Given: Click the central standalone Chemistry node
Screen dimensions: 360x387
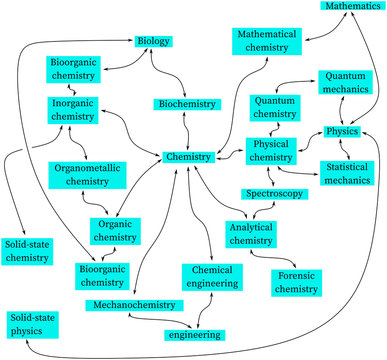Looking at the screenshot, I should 189,157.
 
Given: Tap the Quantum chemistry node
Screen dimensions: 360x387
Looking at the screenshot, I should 275,107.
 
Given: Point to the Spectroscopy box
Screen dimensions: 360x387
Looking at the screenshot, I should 275,193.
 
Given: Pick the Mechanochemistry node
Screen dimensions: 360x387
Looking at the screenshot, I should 130,303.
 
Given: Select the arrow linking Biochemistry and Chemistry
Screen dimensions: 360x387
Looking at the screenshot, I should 186,130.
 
